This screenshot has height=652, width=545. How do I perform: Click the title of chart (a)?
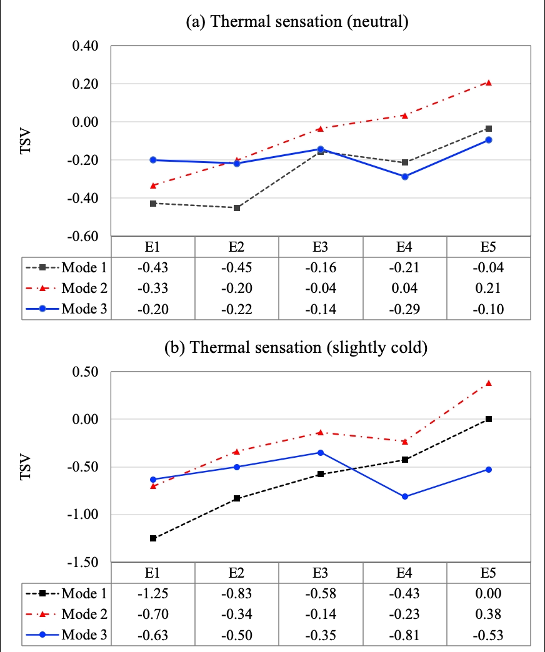coord(297,23)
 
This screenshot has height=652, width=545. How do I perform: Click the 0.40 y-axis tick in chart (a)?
coord(90,46)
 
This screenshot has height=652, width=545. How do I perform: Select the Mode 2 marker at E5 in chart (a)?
coord(489,82)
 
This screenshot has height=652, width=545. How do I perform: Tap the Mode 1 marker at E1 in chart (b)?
coord(153,538)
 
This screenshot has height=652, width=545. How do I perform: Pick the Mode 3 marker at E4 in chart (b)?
coord(405,496)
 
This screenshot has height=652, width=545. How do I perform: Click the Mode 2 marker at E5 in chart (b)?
coord(489,383)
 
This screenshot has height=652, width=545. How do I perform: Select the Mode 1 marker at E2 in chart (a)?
coord(237,207)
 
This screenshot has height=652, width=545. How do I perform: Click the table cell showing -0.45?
coord(237,268)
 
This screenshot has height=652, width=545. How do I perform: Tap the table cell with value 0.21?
coord(489,289)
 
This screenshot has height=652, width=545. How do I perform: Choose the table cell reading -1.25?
coord(153,593)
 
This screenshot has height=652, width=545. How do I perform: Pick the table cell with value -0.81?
coord(405,635)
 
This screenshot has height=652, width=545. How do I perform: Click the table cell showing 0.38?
coord(489,615)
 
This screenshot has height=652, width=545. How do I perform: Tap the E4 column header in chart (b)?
coord(405,573)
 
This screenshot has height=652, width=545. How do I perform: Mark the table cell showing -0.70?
coord(153,615)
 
